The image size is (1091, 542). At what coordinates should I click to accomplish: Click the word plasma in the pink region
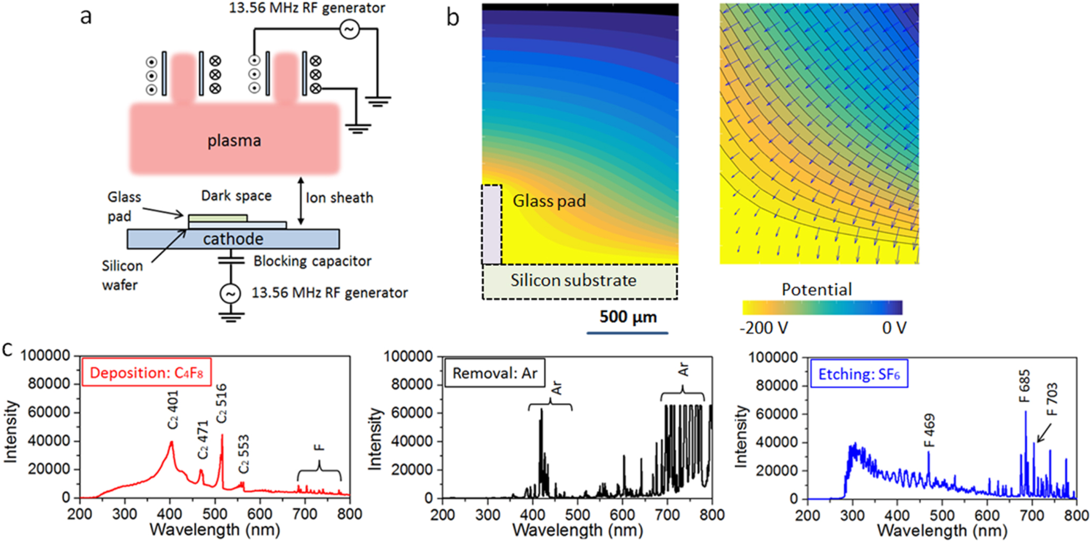[234, 141]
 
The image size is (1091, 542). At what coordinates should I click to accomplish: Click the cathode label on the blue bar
[233, 239]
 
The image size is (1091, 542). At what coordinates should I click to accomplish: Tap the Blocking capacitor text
[312, 261]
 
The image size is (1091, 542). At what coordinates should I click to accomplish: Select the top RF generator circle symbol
[349, 29]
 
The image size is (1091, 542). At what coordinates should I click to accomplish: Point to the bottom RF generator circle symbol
[230, 294]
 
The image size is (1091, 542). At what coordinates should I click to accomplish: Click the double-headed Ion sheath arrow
[301, 201]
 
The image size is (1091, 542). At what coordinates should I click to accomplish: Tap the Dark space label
[236, 196]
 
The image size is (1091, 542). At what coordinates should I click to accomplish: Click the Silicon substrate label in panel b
[573, 280]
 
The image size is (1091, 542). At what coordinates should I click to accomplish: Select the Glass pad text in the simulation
[549, 201]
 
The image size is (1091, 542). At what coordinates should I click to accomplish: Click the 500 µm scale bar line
[627, 333]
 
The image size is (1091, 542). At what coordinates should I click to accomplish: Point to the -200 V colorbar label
[764, 328]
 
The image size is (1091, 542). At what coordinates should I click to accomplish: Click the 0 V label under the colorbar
[894, 328]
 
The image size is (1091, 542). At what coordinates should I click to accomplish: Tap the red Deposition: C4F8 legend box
[146, 373]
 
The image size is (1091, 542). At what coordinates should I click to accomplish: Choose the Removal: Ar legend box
[494, 373]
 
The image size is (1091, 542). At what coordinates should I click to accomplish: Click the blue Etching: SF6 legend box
[859, 374]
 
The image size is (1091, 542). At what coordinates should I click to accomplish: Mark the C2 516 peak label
[221, 403]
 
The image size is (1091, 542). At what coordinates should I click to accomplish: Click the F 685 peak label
[1025, 386]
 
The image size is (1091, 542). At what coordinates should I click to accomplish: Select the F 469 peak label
[930, 430]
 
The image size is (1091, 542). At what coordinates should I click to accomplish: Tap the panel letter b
[452, 18]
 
